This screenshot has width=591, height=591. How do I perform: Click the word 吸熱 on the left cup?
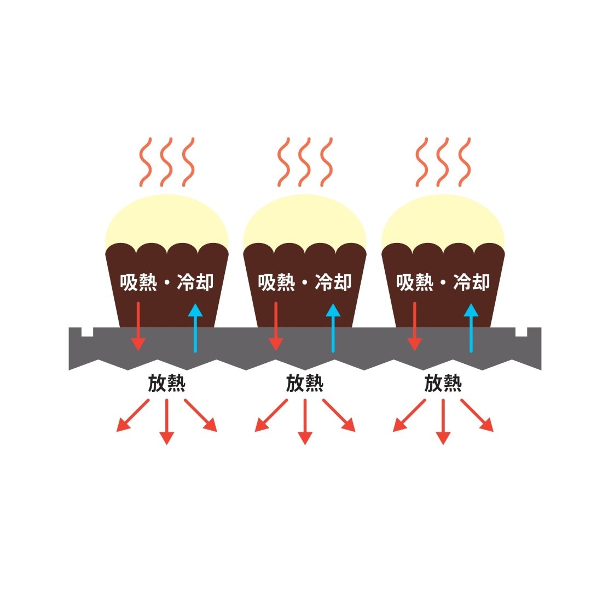139,282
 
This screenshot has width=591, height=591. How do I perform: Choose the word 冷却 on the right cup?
471,282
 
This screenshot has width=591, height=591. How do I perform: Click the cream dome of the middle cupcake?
304,219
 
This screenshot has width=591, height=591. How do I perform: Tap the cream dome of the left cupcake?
166,219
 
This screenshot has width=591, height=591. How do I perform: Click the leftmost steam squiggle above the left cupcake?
145,162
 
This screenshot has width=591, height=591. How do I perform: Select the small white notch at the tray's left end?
87,332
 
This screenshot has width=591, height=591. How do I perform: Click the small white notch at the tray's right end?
521,332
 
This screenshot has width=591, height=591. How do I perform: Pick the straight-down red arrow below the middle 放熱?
305,422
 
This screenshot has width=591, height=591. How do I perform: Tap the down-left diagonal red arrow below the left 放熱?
133,415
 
